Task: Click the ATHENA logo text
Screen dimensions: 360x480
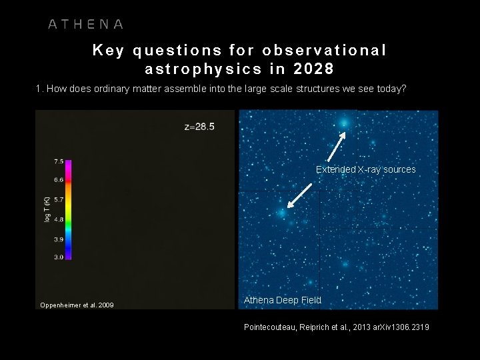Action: pyautogui.click(x=85, y=24)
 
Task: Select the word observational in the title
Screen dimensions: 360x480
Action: pyautogui.click(x=325, y=50)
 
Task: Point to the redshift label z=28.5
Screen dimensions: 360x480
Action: pyautogui.click(x=199, y=127)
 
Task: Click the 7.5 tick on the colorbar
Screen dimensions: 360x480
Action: pyautogui.click(x=58, y=161)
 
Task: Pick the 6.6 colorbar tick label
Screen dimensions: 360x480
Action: pyautogui.click(x=58, y=180)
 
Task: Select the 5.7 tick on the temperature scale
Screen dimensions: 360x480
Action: pyautogui.click(x=58, y=199)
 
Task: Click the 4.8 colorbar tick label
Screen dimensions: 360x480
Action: pyautogui.click(x=58, y=219)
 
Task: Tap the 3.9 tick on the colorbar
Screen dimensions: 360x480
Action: pyautogui.click(x=58, y=238)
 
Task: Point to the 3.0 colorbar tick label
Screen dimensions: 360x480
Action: pyautogui.click(x=58, y=257)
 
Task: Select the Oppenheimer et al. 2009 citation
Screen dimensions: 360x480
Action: pyautogui.click(x=77, y=305)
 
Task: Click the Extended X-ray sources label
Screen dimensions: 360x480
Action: pyautogui.click(x=365, y=169)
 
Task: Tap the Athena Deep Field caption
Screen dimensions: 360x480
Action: pyautogui.click(x=282, y=300)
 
